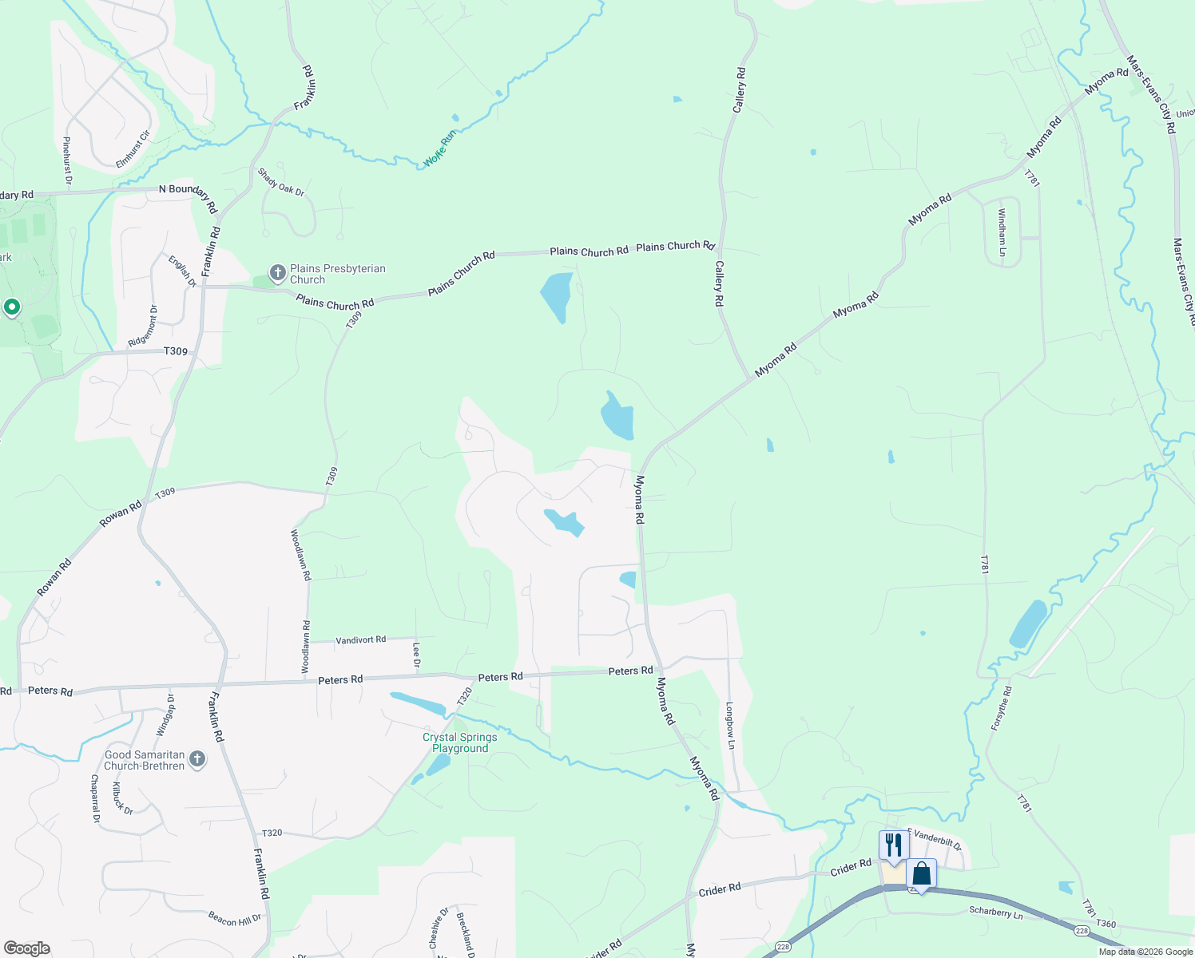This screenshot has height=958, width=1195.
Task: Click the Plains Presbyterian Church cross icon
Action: point(277,274)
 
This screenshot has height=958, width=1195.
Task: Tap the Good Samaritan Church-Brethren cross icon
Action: point(197,760)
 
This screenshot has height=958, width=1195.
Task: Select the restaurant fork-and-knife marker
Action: point(894,845)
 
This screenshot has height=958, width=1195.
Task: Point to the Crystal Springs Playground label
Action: point(460,742)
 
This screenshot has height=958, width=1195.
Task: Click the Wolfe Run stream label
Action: point(439,148)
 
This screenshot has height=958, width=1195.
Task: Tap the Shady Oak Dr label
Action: point(280,182)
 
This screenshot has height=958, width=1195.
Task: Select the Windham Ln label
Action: point(1002,232)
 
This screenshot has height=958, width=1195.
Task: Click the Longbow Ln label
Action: point(729,725)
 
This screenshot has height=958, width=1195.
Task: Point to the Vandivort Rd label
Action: point(360,639)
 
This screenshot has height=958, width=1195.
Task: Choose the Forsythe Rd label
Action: point(1001,708)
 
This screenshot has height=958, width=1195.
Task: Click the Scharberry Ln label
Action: point(995,912)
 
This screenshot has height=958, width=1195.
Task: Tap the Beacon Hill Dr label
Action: point(235,918)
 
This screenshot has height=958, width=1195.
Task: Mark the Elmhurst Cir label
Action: point(133,149)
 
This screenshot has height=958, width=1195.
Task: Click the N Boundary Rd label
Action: point(189,196)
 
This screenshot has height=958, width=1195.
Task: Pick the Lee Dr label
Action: point(416,655)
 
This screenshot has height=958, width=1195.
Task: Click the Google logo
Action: point(27,948)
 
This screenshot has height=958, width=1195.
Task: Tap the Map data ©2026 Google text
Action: point(1145,952)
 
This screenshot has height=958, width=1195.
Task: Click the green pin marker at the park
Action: point(12,307)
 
